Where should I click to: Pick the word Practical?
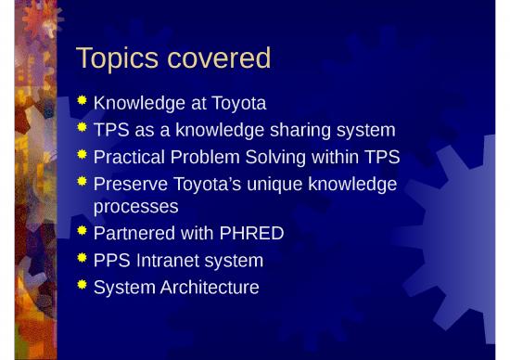(132, 158)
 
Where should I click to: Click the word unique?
(282, 185)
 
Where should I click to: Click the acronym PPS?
(115, 261)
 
